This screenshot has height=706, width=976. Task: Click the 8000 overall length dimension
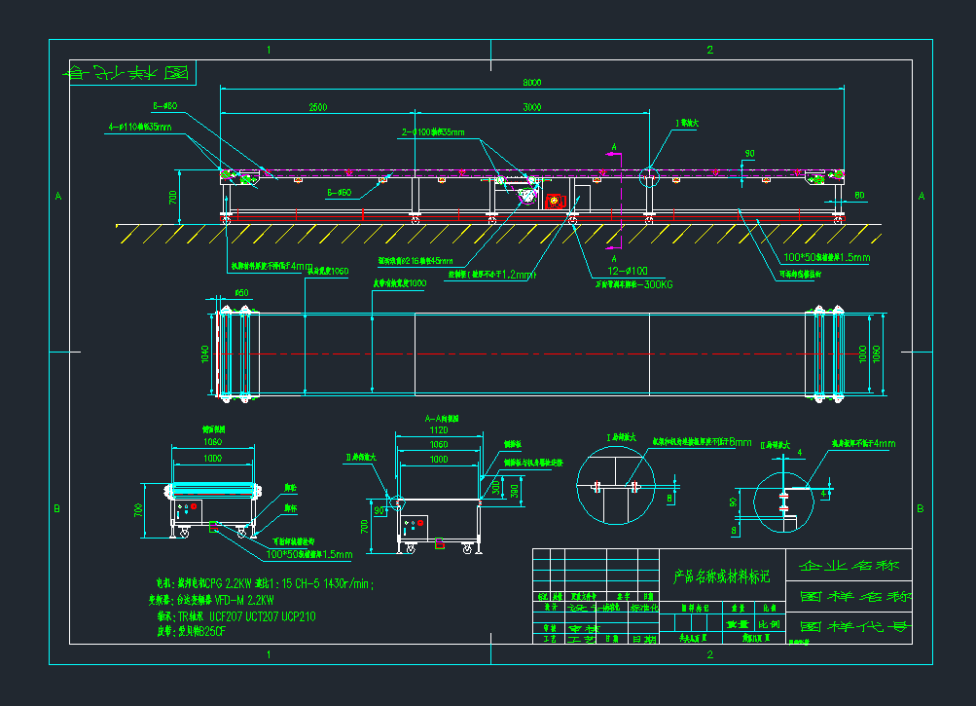pos(531,83)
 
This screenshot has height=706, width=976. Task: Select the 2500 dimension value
pos(317,106)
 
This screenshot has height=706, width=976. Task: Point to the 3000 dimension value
pos(531,106)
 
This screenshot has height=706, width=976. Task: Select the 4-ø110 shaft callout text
pos(141,127)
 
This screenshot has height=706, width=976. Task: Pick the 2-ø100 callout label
pos(433,131)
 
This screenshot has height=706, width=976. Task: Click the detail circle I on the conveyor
pos(649,178)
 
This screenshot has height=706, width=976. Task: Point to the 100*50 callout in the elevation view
pos(826,258)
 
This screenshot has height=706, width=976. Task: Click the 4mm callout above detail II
pos(883,444)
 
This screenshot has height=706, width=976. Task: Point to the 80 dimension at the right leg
pos(859,195)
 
